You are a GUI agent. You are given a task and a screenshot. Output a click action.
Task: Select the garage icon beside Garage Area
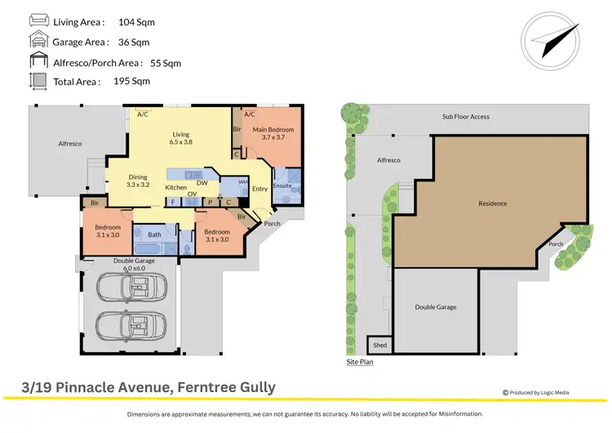click(x=38, y=41)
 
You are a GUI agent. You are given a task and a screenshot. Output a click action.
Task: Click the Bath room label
click(x=153, y=235)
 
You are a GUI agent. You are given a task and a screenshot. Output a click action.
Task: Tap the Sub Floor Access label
click(x=466, y=117)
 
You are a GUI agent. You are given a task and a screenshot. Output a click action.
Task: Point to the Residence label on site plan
click(x=492, y=203)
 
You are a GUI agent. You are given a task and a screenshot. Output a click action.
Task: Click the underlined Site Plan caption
click(x=360, y=361)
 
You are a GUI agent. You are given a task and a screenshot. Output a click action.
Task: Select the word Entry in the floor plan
click(x=259, y=190)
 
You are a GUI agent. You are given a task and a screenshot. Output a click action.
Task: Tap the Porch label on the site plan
click(x=555, y=243)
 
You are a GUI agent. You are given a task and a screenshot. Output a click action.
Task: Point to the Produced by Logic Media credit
click(x=536, y=392)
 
